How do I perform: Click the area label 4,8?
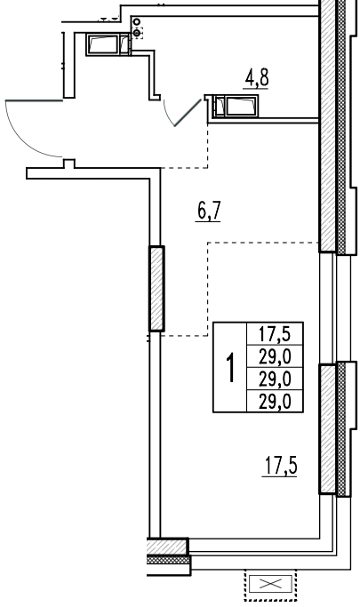257,78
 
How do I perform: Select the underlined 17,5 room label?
281,466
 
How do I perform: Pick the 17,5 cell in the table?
275,333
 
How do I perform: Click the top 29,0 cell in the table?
275,355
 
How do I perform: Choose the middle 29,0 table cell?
275,379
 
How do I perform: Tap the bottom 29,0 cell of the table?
275,401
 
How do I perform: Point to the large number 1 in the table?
231,367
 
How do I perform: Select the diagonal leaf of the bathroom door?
188,113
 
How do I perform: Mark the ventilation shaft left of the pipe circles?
108,44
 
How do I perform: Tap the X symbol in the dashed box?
270,584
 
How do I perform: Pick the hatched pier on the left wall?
156,289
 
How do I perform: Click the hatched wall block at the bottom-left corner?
168,547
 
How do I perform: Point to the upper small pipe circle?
137,22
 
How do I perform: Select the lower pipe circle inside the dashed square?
136,33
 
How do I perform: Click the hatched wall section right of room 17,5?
327,429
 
